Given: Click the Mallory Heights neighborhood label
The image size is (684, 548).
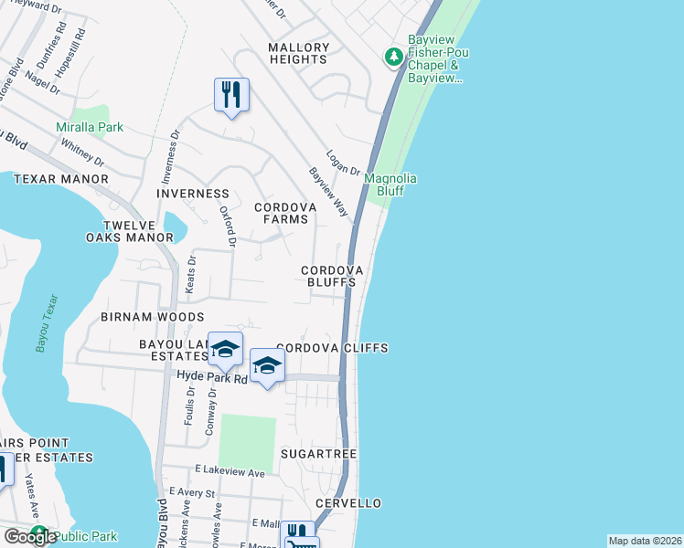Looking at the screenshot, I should pos(298,53).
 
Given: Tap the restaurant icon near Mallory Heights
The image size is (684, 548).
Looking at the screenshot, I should pos(231,94).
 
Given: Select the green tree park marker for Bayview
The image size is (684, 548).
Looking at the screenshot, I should pos(394,58).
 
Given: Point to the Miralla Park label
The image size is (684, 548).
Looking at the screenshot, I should pos(90,128).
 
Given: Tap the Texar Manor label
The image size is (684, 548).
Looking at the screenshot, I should pos(61,179).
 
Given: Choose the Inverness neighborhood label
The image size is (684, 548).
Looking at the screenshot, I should pos(193,194).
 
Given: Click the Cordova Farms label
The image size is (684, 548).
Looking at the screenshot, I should pos(285,213).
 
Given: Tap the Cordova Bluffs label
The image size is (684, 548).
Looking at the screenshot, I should pos(333,277).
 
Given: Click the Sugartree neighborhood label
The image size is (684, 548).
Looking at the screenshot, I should pos(318,453).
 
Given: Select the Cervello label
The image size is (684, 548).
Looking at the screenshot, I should pos(348,503).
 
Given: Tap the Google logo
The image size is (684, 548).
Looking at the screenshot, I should pos(30,537).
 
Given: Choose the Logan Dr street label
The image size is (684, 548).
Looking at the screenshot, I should pos(343,164).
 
